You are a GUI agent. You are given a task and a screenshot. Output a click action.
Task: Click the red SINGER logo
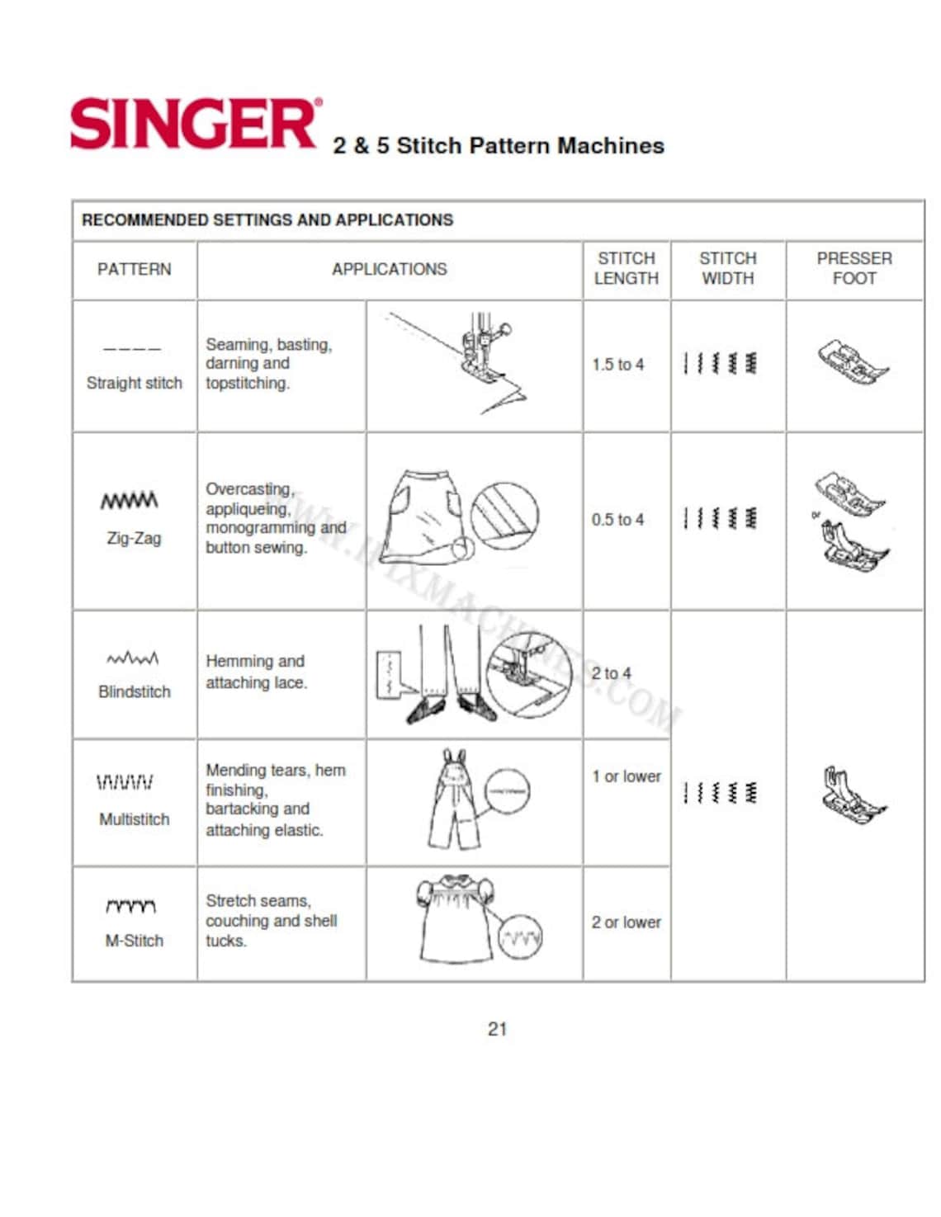[x=195, y=125]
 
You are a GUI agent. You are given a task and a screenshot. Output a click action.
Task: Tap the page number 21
[x=497, y=1029]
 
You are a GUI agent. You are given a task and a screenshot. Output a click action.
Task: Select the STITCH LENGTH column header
[x=626, y=269]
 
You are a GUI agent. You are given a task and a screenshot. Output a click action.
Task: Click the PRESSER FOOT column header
[x=854, y=269]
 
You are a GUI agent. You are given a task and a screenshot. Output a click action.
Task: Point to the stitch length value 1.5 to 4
[x=617, y=365]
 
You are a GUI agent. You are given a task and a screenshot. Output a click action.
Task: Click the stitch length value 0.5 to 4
[x=617, y=520]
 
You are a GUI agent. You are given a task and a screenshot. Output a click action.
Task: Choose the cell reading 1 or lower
[x=626, y=776]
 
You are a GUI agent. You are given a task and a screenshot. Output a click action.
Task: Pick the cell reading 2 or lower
[x=626, y=922]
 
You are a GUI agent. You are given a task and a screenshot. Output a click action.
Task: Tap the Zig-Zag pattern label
[x=134, y=538]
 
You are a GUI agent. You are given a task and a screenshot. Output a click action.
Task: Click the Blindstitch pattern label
[x=134, y=691]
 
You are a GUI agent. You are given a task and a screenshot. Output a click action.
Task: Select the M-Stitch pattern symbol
[x=131, y=907]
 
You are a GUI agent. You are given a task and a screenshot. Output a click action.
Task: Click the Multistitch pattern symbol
[x=125, y=782]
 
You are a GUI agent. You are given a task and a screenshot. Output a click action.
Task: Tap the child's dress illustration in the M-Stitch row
[x=456, y=919]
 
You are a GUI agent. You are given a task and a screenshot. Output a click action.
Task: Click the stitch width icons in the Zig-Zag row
[x=721, y=519]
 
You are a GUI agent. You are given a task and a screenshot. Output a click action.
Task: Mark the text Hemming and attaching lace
[x=256, y=672]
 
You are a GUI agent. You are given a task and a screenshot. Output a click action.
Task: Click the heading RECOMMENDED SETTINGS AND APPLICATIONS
[x=267, y=220]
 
